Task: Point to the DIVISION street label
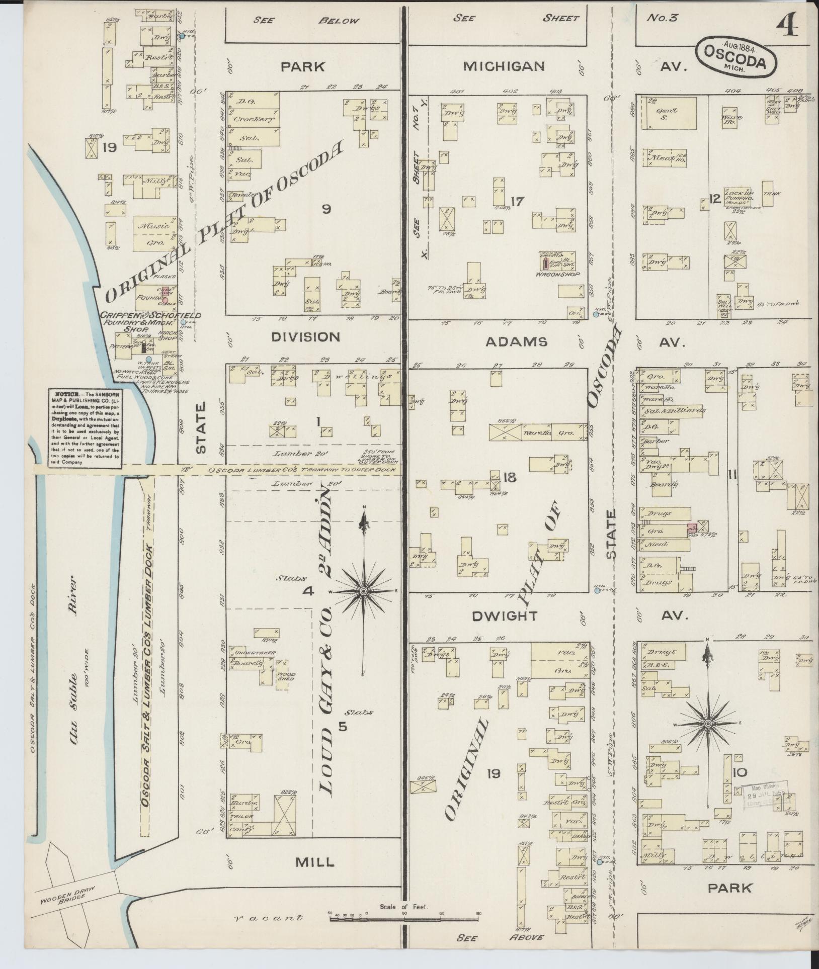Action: tap(305, 337)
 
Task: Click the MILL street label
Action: tap(314, 862)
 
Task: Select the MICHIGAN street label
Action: tap(504, 66)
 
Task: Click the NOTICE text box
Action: tap(85, 428)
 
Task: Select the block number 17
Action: tap(517, 202)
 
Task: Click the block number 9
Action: tap(326, 210)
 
